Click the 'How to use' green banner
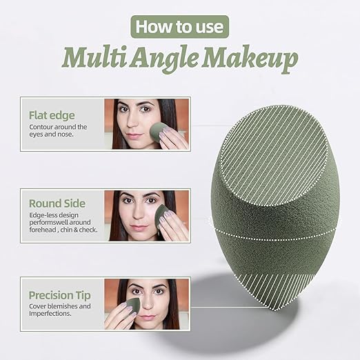[x=179, y=28]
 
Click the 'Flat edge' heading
[x=51, y=114]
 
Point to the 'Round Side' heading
[x=57, y=203]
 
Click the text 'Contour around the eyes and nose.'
[x=58, y=131]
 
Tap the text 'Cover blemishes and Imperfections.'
[x=59, y=310]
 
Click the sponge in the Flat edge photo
[x=160, y=131]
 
